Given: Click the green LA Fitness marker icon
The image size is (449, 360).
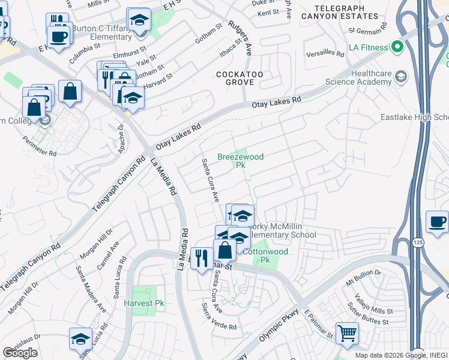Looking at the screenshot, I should (x=397, y=46).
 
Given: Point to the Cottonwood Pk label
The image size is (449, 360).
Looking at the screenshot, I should (x=265, y=256).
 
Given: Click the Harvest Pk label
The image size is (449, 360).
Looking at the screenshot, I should (x=143, y=303).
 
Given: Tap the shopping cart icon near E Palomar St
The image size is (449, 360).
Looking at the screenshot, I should (x=347, y=334).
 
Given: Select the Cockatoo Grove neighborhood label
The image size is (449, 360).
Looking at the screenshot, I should (x=240, y=79).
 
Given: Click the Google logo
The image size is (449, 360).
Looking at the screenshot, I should (x=20, y=353).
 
